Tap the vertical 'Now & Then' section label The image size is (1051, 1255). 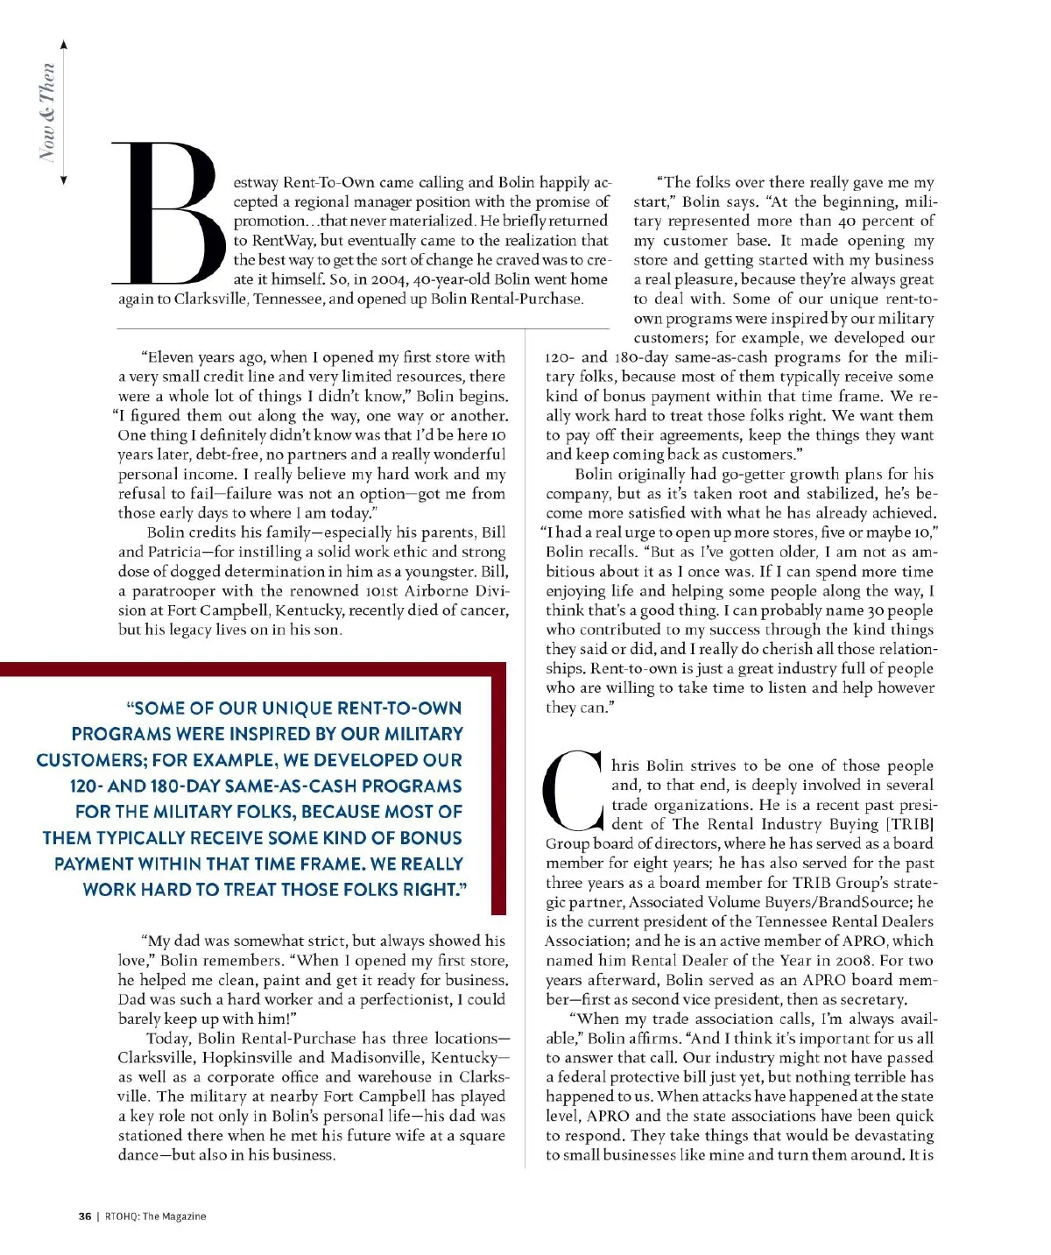[47, 112]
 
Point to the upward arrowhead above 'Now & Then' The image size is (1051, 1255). [63, 45]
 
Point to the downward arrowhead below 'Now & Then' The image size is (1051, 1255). [63, 180]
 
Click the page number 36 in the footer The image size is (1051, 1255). [85, 1216]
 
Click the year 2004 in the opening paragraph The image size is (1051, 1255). [388, 279]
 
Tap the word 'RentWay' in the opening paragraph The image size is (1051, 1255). [279, 241]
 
